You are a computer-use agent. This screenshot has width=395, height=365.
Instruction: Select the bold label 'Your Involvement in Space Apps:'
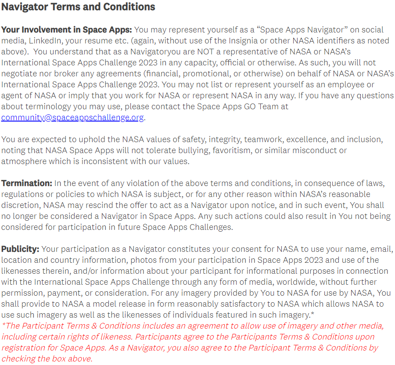[x=66, y=30]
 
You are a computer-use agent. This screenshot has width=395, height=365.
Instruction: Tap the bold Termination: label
[x=26, y=183]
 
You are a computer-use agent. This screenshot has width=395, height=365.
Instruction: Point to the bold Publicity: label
[x=20, y=249]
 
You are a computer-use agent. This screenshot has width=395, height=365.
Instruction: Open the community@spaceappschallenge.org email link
[x=72, y=118]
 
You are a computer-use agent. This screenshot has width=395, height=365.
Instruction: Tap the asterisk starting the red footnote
[x=4, y=325]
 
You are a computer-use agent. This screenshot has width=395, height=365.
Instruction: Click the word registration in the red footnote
[x=23, y=348]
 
